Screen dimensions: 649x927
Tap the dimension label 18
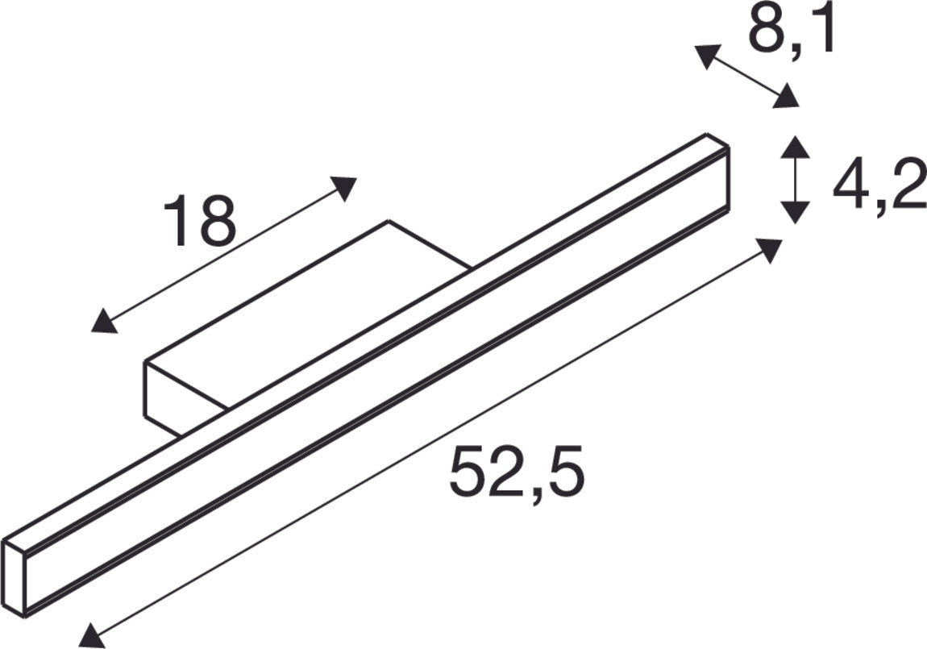click(x=199, y=219)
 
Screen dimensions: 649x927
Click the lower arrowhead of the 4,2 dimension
click(x=796, y=212)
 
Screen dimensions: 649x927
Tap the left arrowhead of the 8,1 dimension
click(x=707, y=56)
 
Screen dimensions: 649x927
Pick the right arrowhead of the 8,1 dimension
click(x=787, y=98)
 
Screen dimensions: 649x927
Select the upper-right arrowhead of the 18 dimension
click(x=345, y=187)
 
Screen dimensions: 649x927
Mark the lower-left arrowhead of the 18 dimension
click(x=103, y=322)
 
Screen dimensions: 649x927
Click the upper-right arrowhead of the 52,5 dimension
click(x=770, y=249)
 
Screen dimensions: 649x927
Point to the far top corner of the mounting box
click(x=389, y=221)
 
